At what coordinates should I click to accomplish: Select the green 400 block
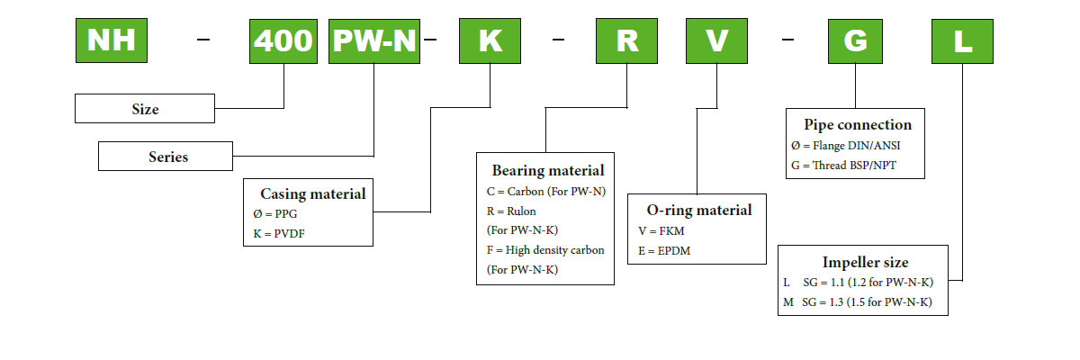[x=283, y=40]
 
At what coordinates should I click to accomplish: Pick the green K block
[x=489, y=40]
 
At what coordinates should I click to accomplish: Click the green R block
[x=626, y=40]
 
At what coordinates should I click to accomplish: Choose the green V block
[x=717, y=40]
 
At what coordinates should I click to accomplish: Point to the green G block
[x=854, y=40]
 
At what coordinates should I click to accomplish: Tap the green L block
[x=963, y=40]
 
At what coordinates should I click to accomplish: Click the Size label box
[x=144, y=109]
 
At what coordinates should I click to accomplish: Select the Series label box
[x=168, y=157]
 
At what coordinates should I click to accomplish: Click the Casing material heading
[x=312, y=193]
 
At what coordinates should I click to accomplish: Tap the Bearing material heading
[x=547, y=170]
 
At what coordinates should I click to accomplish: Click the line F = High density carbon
[x=544, y=249]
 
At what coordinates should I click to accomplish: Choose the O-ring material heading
[x=699, y=210]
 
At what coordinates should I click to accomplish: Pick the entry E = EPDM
[x=663, y=250]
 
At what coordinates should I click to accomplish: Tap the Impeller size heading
[x=869, y=263]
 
